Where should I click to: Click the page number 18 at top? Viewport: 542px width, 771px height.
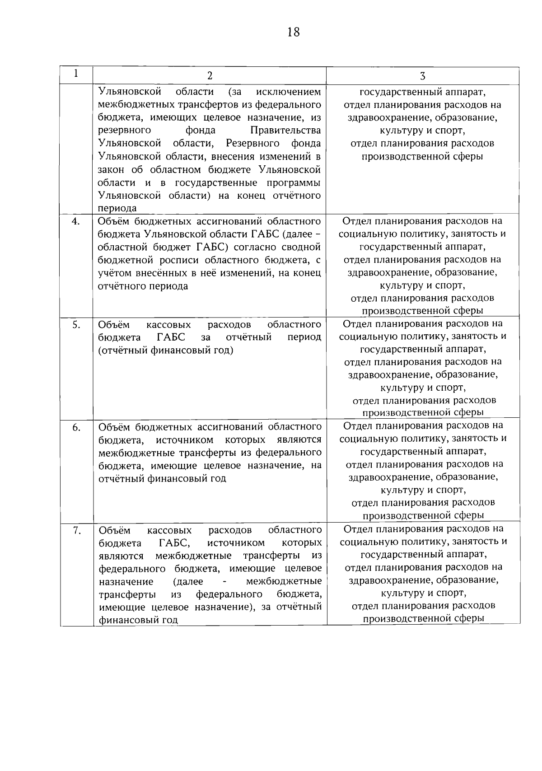tap(293, 33)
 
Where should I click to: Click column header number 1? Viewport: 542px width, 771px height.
tap(76, 73)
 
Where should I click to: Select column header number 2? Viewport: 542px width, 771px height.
tap(210, 76)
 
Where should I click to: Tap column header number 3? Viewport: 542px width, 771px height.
tap(422, 76)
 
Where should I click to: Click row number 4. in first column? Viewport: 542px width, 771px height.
tap(76, 221)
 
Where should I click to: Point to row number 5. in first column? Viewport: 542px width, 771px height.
tap(76, 324)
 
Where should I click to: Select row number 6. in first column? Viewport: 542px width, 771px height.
tap(76, 427)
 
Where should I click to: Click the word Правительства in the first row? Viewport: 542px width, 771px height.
tap(285, 131)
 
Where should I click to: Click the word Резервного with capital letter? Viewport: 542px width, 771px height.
tap(250, 144)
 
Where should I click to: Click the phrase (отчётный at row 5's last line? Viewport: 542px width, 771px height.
tap(119, 350)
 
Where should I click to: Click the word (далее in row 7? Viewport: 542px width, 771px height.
tap(188, 581)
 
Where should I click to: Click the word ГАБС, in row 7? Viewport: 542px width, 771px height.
tap(174, 543)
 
